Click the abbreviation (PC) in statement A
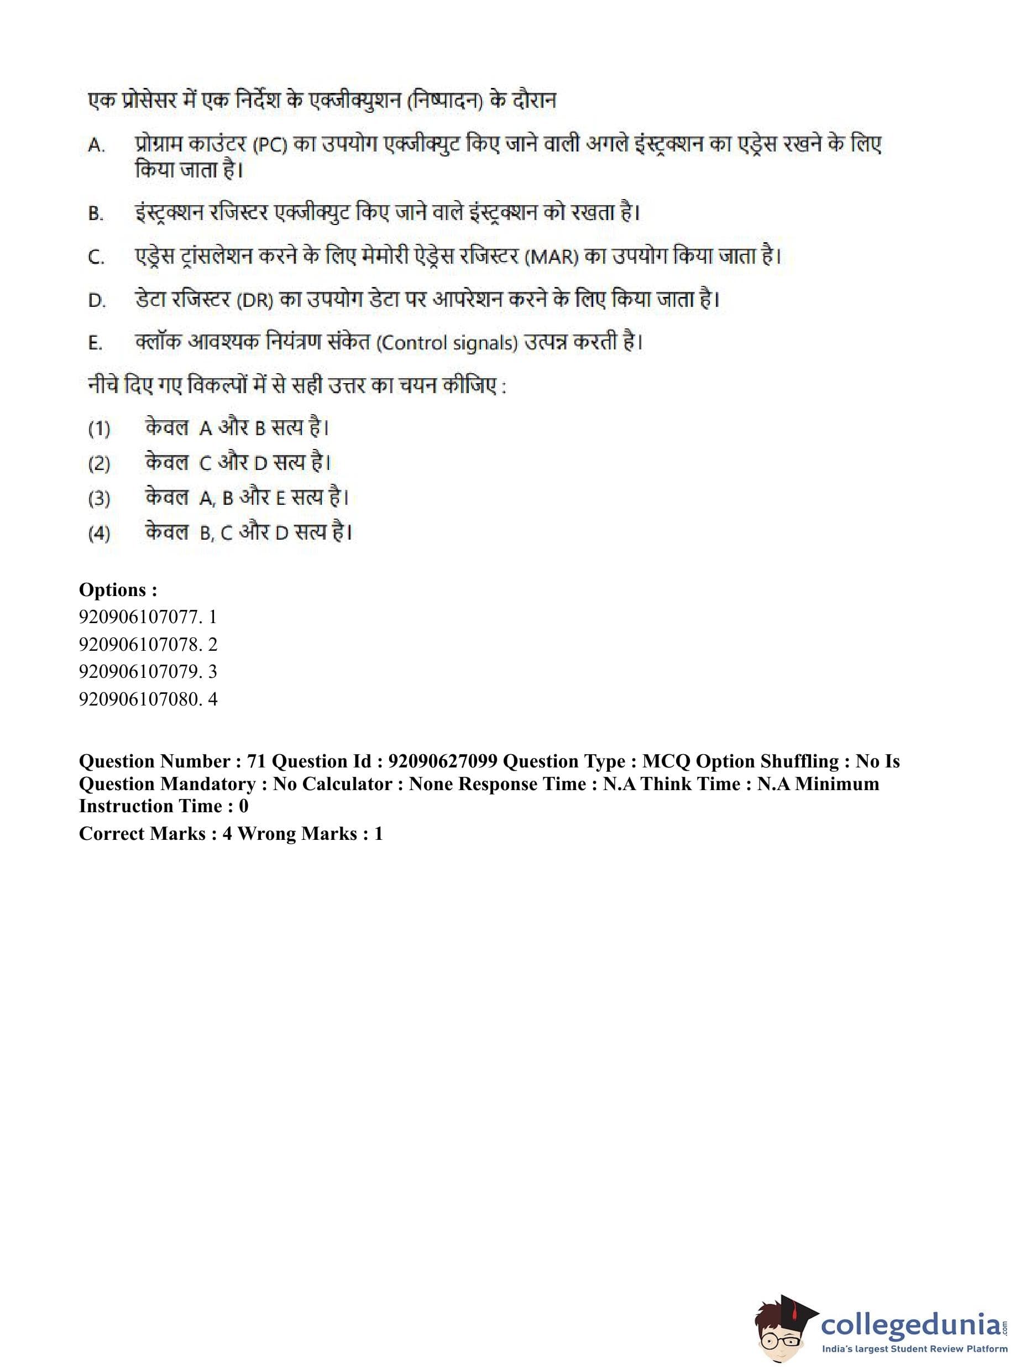pos(269,145)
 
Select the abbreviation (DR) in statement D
pos(254,300)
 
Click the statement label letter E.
pos(95,343)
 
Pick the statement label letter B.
pos(95,214)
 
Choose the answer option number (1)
pos(99,429)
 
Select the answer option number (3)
pos(99,498)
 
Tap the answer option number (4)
pos(99,533)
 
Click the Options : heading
pos(118,590)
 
